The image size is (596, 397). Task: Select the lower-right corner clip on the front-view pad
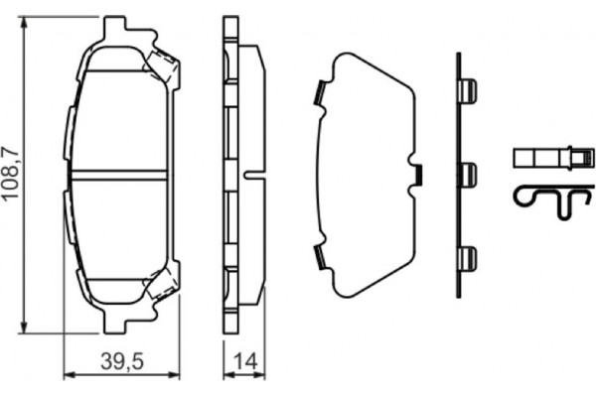[162, 284]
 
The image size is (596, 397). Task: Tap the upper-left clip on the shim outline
[320, 93]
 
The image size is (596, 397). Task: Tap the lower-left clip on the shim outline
[320, 258]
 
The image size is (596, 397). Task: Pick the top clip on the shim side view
[466, 91]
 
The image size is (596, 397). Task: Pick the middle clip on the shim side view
[466, 175]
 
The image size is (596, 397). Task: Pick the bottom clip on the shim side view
[466, 258]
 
